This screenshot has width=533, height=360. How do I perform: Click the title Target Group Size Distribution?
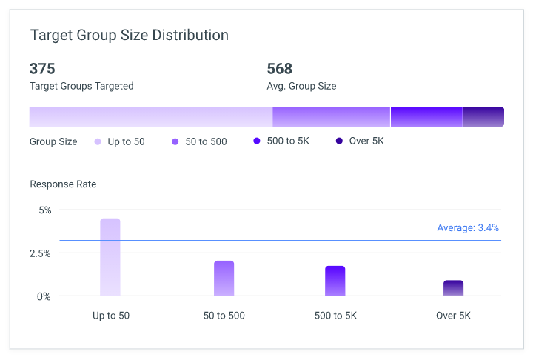click(129, 35)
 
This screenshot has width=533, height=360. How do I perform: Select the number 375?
click(42, 69)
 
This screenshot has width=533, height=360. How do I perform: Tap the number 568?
click(279, 69)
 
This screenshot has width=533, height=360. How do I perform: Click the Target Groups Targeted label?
click(81, 86)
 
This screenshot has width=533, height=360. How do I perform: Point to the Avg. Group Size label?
click(301, 86)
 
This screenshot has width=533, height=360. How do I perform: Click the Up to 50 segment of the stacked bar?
click(150, 117)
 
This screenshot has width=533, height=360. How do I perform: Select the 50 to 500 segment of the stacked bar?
click(332, 117)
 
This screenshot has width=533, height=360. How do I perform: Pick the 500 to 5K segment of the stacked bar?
click(427, 117)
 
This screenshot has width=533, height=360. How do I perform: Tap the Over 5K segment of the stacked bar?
click(483, 117)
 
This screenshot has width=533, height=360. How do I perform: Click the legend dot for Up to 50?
click(98, 142)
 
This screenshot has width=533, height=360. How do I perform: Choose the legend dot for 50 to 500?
click(175, 142)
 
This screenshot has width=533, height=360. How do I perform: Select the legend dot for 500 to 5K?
click(257, 141)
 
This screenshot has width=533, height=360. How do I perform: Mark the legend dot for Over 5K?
click(339, 141)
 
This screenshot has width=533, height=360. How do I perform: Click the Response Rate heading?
click(63, 184)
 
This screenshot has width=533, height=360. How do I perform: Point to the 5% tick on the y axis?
click(45, 210)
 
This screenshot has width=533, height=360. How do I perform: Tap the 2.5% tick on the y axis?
click(40, 253)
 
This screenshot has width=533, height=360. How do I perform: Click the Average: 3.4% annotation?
click(468, 227)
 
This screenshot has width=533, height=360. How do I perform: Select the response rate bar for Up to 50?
click(110, 257)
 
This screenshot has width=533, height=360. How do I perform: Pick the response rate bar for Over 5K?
click(454, 288)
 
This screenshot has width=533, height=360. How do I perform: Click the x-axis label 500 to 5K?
click(335, 316)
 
